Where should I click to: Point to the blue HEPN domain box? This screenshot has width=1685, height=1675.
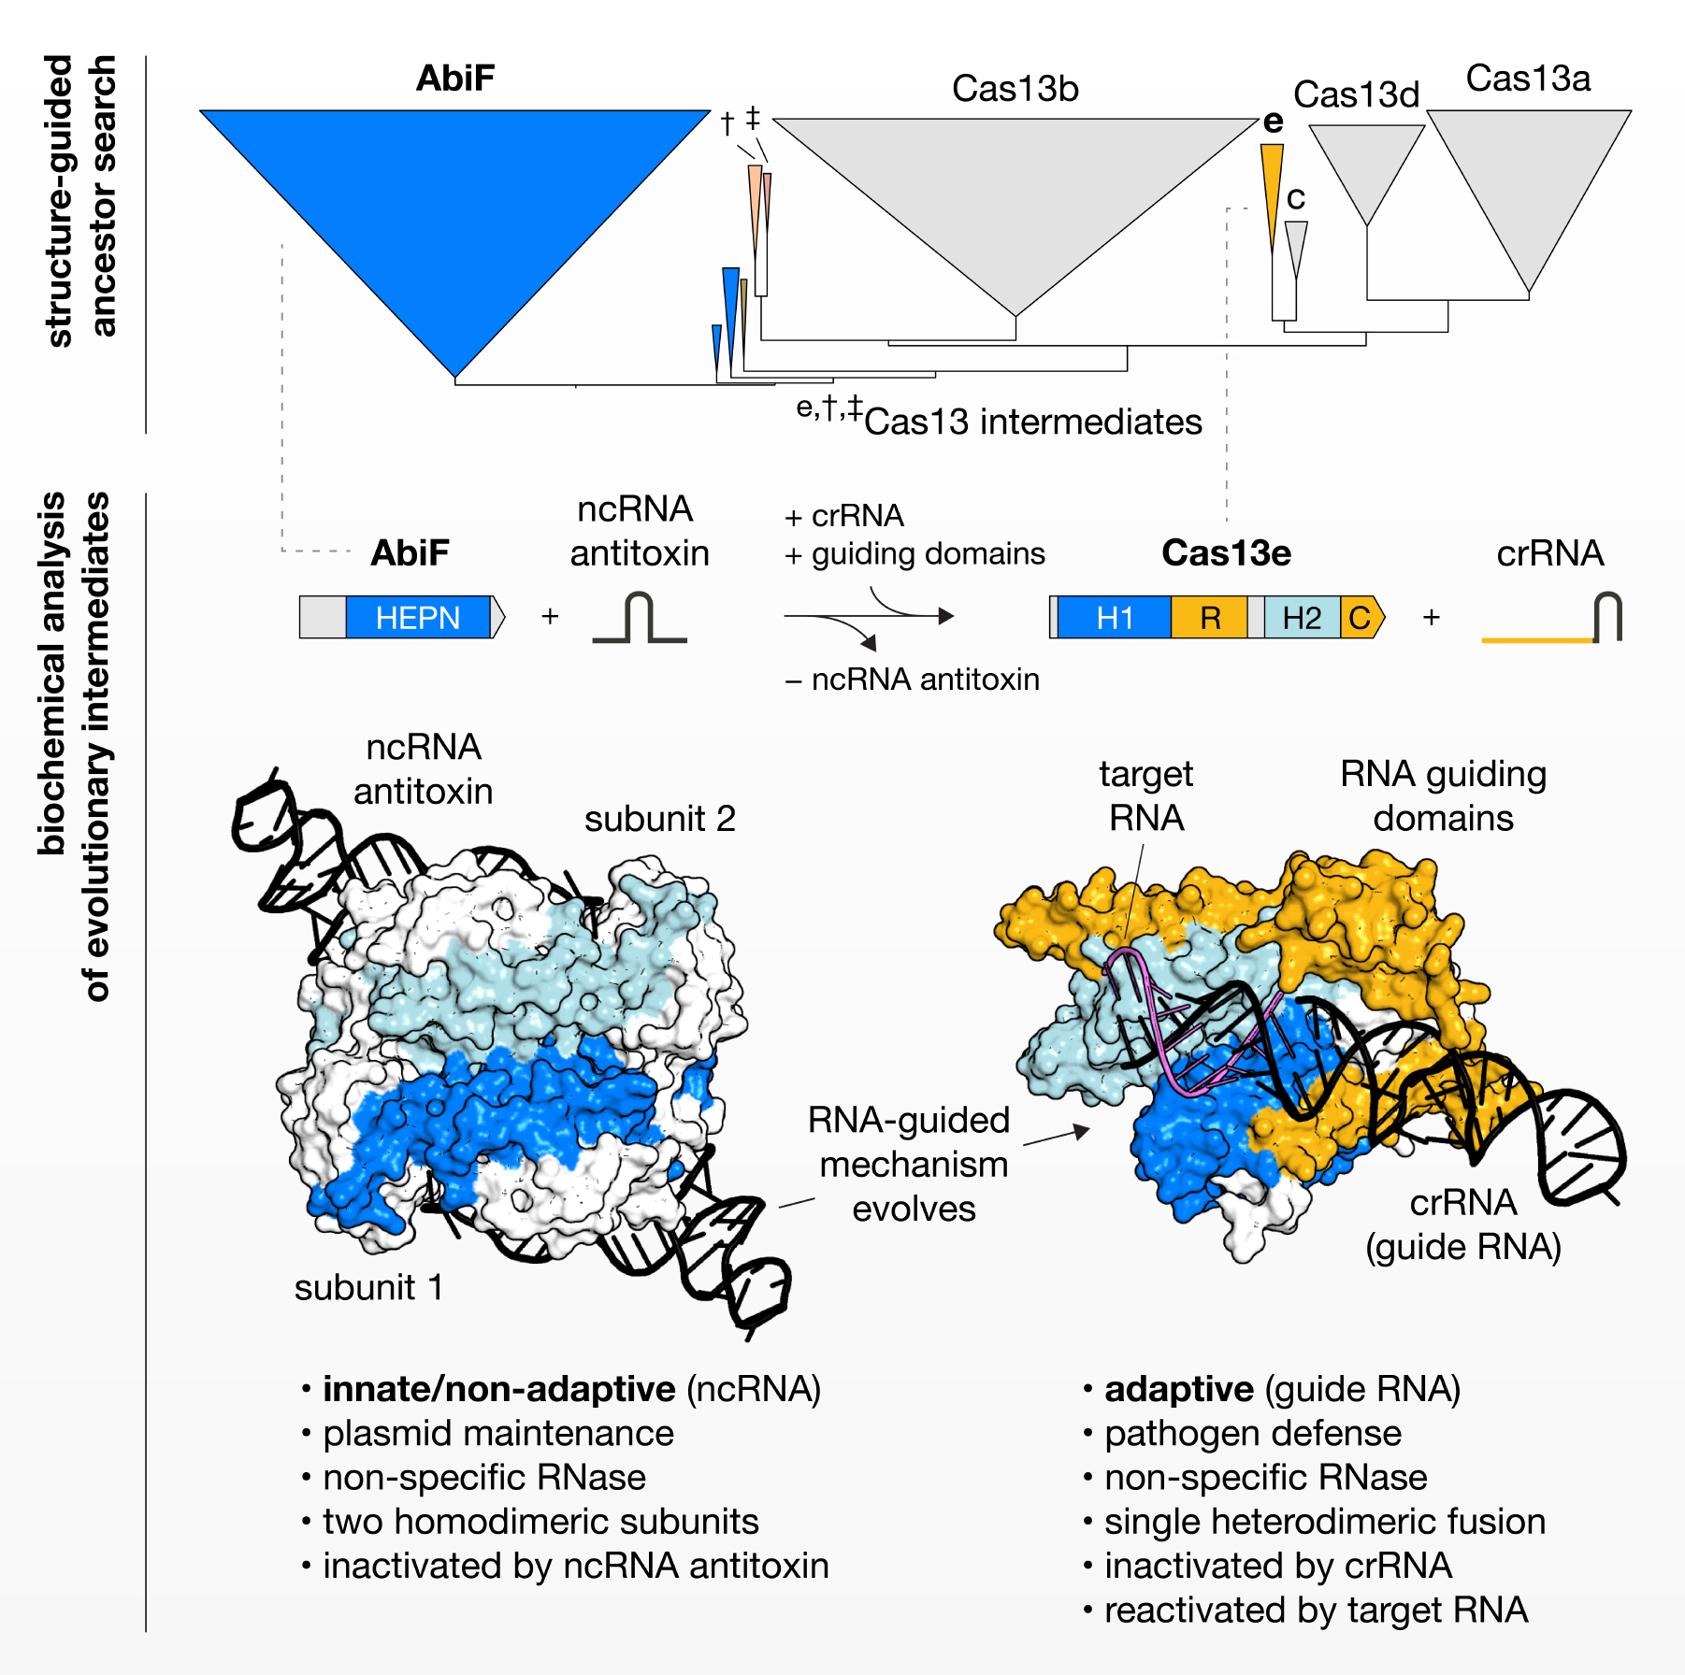coord(418,618)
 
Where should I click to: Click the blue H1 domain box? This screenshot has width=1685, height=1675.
coord(1115,618)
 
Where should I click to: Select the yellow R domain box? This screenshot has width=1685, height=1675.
coord(1210,618)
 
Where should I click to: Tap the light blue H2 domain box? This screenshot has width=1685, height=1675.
coord(1302,618)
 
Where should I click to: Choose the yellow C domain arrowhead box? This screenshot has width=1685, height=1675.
coord(1361,618)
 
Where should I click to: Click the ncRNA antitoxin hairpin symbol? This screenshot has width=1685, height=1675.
coord(640,619)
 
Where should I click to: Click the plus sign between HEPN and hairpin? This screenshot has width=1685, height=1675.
coord(550,617)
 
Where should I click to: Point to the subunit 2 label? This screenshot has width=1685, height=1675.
coord(659,819)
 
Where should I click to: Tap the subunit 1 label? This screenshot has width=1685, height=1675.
coord(368,1287)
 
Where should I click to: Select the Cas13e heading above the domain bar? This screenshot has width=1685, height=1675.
coord(1226,553)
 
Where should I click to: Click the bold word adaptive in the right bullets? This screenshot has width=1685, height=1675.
coord(1179,1389)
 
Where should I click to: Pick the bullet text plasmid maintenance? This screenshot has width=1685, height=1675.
coord(498,1433)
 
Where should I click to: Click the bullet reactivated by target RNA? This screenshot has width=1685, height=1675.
coord(1316,1611)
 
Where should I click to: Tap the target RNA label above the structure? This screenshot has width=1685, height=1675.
coord(1145,795)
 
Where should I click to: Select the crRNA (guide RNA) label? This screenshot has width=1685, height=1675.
coord(1463,1224)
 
